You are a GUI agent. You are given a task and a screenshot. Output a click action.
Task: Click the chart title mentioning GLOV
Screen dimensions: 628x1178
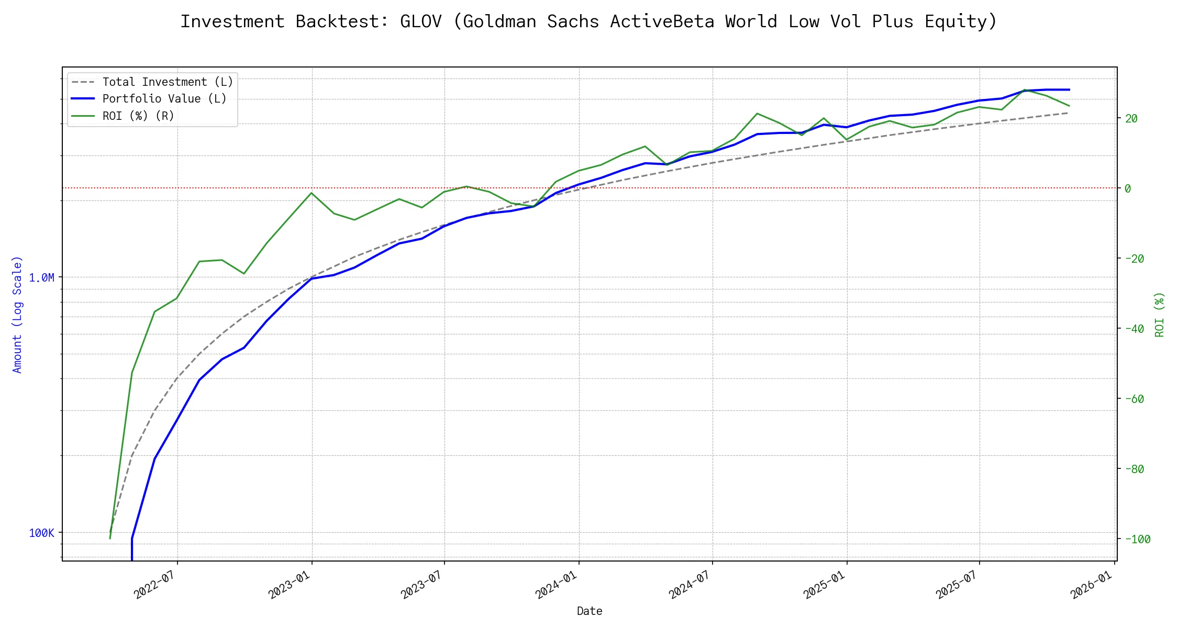(x=589, y=21)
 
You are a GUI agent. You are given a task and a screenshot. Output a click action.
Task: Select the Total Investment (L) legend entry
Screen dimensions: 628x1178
(x=167, y=82)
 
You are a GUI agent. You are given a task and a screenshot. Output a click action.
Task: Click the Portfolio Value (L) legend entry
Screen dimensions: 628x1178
(x=164, y=99)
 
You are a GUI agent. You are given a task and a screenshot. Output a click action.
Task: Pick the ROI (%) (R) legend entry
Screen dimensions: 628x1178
(x=138, y=116)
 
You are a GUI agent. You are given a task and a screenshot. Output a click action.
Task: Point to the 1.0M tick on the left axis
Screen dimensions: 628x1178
(x=41, y=277)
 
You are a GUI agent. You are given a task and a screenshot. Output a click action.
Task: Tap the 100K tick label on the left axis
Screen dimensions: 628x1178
(x=41, y=533)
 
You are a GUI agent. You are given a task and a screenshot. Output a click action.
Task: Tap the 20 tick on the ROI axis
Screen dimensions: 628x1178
(x=1131, y=118)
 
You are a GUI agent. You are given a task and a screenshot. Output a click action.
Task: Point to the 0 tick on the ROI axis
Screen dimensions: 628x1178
(x=1128, y=188)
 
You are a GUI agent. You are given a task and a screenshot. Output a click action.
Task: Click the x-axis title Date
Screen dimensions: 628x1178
(x=590, y=611)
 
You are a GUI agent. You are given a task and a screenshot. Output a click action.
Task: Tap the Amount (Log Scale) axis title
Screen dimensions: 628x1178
(x=17, y=314)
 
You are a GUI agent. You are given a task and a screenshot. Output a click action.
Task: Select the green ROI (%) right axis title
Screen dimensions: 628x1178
(x=1160, y=314)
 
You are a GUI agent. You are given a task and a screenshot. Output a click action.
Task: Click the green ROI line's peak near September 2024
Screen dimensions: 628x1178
(x=758, y=113)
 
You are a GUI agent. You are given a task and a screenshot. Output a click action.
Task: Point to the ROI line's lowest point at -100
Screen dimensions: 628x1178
(x=110, y=539)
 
